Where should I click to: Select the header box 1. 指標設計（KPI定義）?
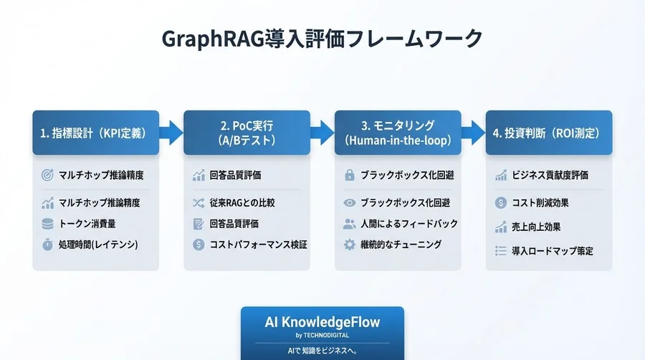coord(95,133)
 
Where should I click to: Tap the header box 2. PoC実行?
coord(247,133)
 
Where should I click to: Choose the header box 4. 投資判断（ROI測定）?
coord(549,133)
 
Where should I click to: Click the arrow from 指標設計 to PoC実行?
coord(171,132)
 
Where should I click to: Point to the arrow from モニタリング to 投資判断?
coord(472,132)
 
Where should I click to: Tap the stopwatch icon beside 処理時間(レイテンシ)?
coord(48,245)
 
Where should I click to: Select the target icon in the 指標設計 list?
coord(48,175)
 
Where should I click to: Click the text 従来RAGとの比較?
coord(242,203)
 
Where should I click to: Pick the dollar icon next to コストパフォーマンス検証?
coord(199,245)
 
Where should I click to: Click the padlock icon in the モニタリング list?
coord(350,175)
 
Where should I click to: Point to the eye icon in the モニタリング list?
coord(350,203)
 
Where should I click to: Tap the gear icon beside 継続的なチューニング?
coord(350,245)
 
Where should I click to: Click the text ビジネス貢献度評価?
coord(550,175)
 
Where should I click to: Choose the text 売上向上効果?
coord(536,227)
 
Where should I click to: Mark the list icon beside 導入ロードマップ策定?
coord(501,251)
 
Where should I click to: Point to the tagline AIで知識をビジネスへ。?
coord(322,351)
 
